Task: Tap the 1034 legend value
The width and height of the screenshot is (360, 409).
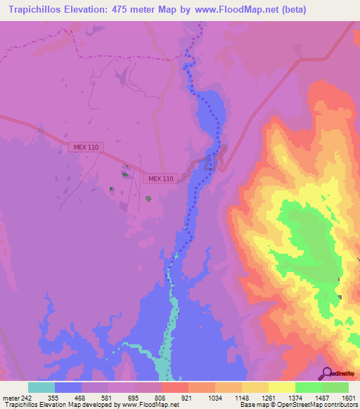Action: (214, 397)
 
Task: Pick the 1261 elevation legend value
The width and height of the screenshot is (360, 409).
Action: (268, 397)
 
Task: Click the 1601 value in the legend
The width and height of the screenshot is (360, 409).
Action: (348, 397)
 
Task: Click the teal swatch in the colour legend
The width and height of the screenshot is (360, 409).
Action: (41, 387)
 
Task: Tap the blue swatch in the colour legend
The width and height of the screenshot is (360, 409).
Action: (68, 387)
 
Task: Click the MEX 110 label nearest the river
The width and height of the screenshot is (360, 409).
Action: (161, 179)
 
